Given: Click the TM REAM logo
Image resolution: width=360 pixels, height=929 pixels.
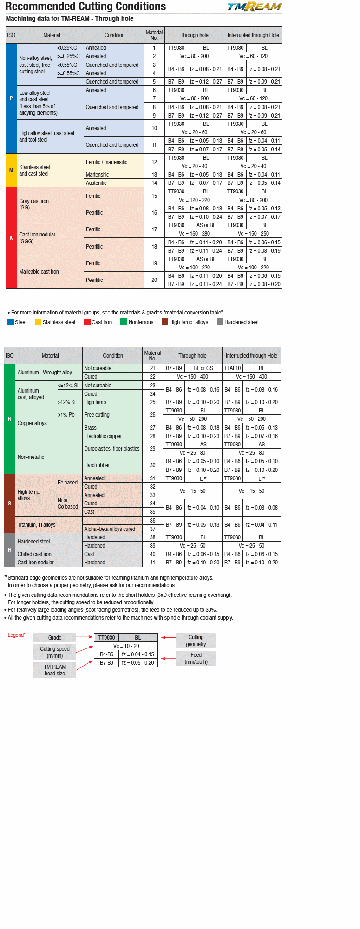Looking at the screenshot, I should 254,7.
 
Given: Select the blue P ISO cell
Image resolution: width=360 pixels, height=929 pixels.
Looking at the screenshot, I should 11,98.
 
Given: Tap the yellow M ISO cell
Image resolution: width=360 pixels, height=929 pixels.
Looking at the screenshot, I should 11,170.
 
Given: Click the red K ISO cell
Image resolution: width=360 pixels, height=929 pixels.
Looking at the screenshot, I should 11,238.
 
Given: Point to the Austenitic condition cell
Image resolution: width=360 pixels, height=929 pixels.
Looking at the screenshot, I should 114,183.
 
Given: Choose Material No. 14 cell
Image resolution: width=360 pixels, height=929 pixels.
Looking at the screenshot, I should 154,183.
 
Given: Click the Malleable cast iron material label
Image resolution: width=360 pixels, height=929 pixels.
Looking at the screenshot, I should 39,272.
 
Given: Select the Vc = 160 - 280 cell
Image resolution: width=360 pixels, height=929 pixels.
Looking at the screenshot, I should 194,234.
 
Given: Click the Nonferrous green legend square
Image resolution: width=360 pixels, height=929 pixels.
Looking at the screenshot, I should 124,321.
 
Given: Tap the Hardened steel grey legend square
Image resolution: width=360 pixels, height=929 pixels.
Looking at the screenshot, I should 220,321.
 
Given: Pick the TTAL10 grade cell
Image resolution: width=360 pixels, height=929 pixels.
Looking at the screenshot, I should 232,368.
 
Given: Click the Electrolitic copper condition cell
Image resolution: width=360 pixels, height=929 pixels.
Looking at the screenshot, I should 112,436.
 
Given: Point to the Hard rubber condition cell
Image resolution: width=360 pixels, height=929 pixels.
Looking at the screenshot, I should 112,465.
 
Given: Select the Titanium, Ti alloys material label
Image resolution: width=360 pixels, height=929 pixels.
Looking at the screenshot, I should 37,525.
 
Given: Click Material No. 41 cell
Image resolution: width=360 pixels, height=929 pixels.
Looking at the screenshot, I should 152,563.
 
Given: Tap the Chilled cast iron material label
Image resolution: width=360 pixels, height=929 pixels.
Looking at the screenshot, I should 35,554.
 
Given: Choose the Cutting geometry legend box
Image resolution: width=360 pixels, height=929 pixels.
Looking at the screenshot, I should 196,641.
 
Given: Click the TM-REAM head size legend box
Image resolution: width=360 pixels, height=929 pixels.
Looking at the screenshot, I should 55,670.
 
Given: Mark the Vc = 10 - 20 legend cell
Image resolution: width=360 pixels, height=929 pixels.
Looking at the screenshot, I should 126,646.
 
